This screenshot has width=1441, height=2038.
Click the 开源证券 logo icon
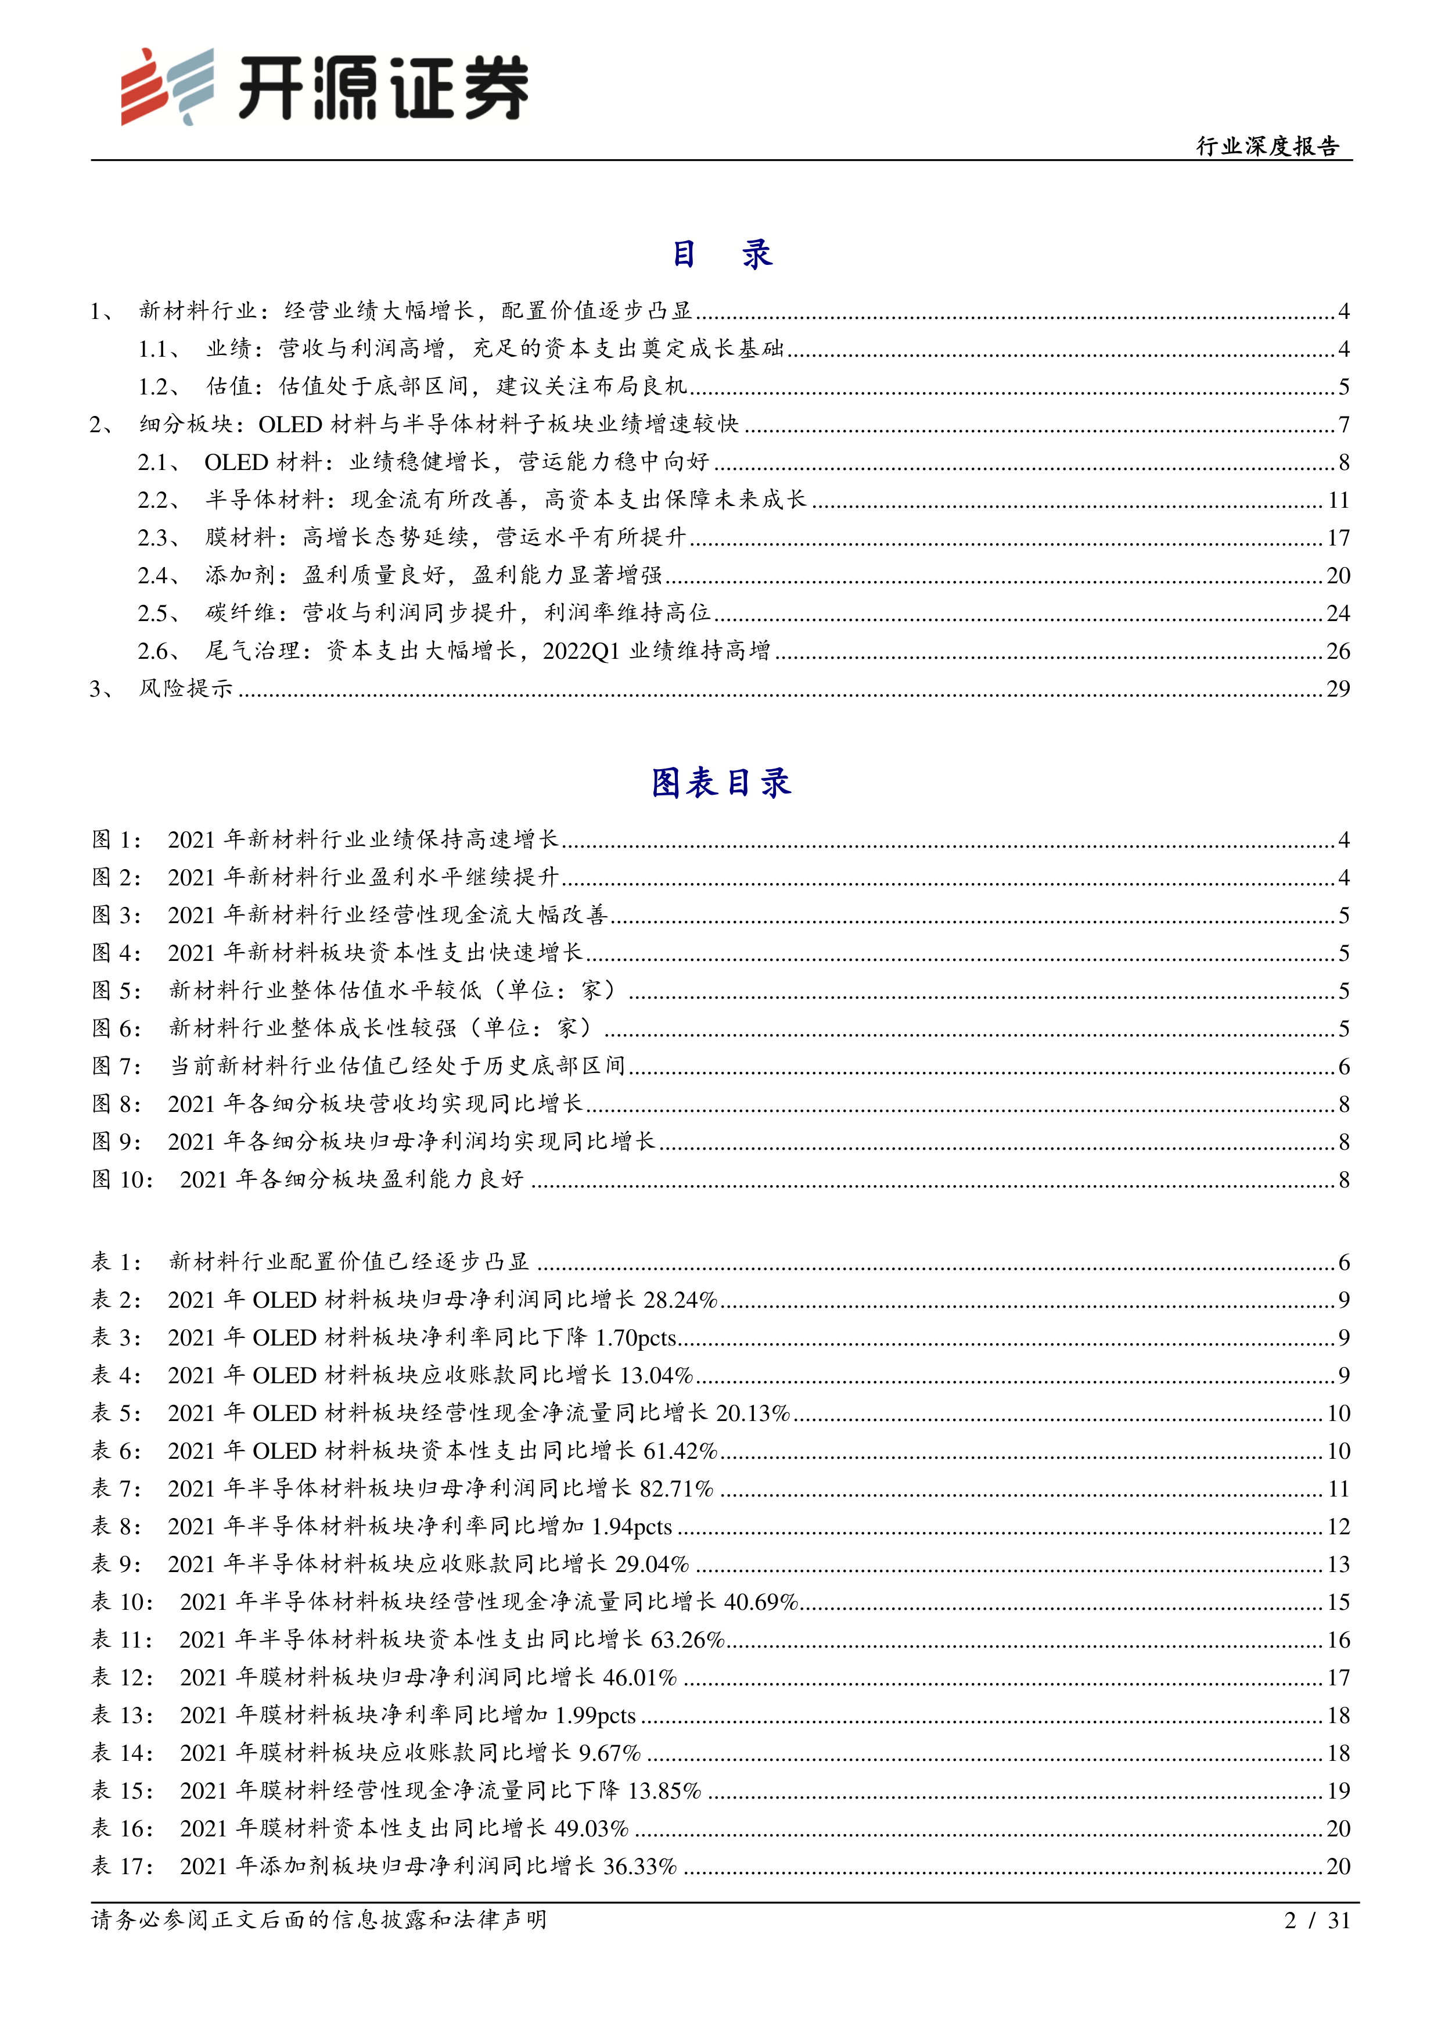167,86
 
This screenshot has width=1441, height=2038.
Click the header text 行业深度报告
1267,146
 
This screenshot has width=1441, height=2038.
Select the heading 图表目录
720,783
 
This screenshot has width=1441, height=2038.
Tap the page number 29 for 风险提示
1337,689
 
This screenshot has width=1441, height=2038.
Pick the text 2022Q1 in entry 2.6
581,651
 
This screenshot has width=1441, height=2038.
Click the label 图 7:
116,1066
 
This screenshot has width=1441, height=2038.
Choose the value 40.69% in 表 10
761,1602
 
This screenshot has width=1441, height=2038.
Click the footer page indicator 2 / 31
1317,1921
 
